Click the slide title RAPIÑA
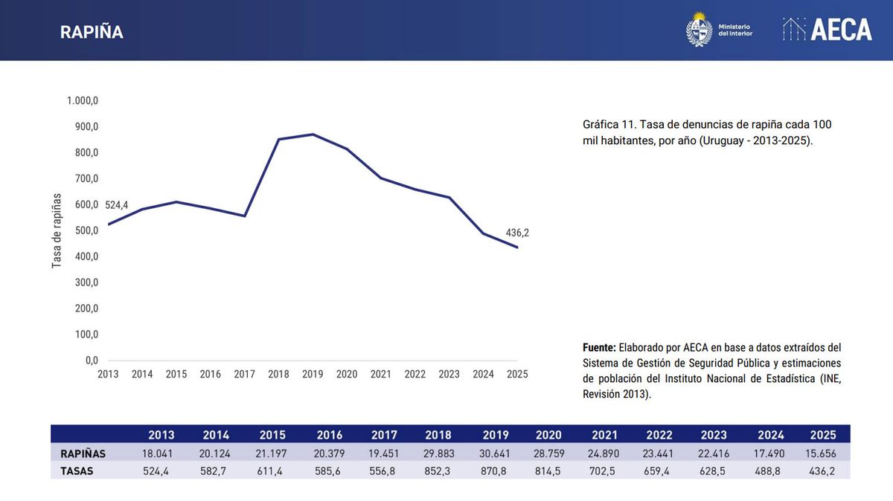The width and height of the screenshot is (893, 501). pos(92,32)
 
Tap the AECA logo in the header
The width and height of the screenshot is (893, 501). pos(828,30)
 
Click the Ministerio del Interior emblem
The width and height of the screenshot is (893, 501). pos(699,30)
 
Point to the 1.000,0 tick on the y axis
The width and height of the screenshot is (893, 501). pos(83,100)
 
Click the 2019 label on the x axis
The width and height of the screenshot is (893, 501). pos(313,375)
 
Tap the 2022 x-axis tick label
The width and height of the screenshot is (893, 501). pos(415,375)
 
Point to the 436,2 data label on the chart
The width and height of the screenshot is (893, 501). pos(517,233)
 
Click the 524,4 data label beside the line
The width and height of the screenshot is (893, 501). pos(117,204)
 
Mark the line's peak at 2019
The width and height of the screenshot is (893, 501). pos(313,135)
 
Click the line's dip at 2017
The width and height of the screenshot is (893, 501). pos(245,216)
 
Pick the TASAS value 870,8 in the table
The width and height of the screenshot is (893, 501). pos(495,471)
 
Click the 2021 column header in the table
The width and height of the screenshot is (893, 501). pos(604,435)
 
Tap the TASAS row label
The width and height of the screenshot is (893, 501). pos(77,471)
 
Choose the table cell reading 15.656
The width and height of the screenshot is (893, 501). pos(824,453)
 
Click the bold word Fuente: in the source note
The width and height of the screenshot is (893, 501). pos(599,348)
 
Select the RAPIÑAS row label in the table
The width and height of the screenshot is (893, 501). pos(83,453)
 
